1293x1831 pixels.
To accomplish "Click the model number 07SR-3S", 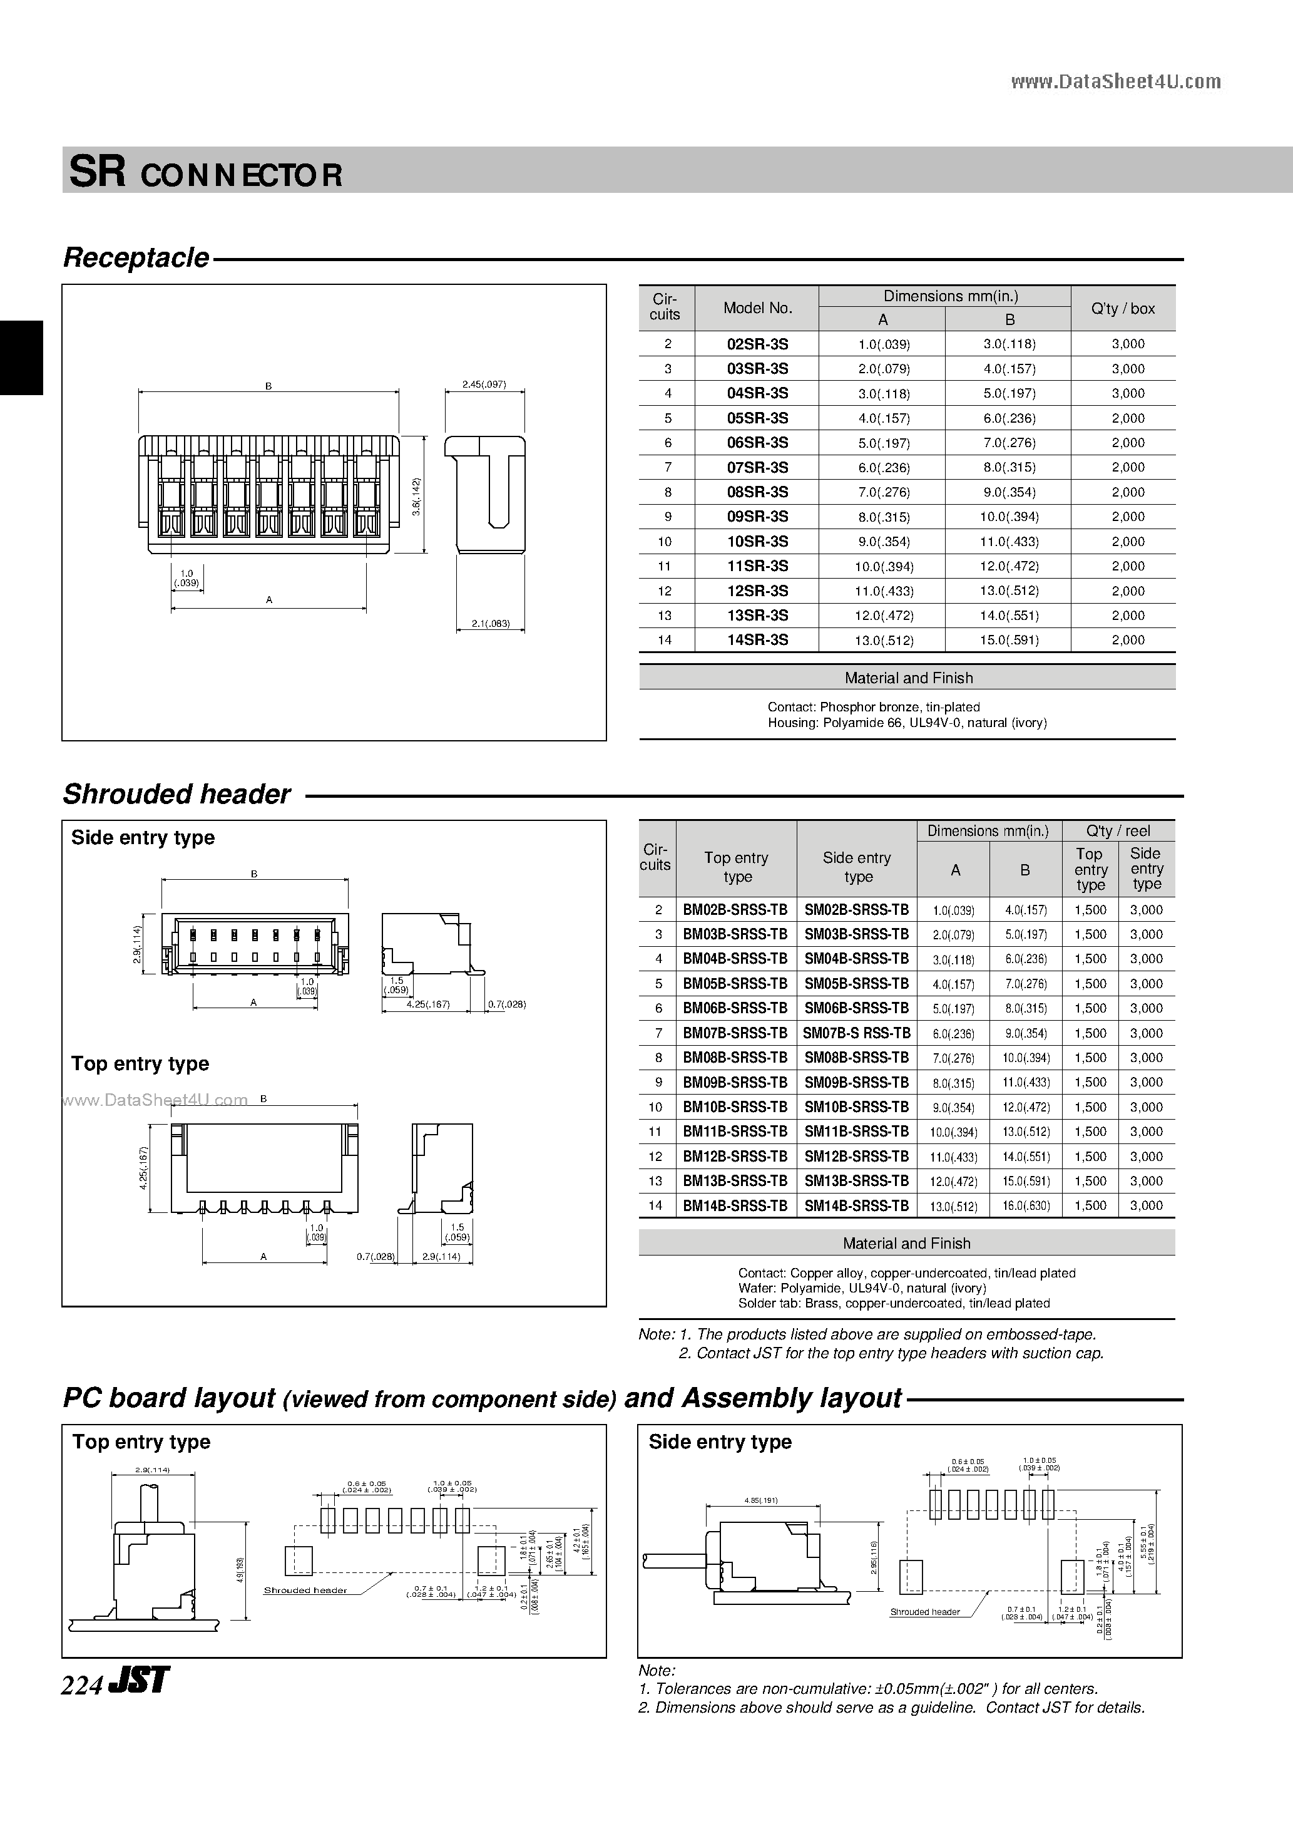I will (x=757, y=467).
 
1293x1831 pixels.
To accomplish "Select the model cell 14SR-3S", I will (x=757, y=639).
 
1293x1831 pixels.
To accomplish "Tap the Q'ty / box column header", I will (x=1122, y=309).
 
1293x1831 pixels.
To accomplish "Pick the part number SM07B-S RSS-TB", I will (x=856, y=1033).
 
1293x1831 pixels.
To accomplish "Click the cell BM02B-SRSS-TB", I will (x=735, y=910).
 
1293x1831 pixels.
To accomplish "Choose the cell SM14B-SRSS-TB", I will (x=856, y=1206).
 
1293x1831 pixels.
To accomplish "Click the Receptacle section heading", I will (x=136, y=257).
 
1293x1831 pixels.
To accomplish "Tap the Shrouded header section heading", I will (x=177, y=794).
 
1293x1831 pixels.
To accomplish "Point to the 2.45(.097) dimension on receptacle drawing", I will (x=484, y=384).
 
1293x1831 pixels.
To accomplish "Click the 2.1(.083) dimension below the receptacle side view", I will (x=489, y=624).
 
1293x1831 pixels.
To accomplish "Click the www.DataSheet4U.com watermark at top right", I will (x=1115, y=81).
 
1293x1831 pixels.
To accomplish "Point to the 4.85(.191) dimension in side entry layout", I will (x=760, y=1500).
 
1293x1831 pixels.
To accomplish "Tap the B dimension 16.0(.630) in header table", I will (x=1025, y=1206).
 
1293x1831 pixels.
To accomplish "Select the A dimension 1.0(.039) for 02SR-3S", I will (x=883, y=344).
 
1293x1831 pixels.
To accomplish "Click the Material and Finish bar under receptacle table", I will (x=908, y=678).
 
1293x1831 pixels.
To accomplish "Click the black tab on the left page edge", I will (x=21, y=358).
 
